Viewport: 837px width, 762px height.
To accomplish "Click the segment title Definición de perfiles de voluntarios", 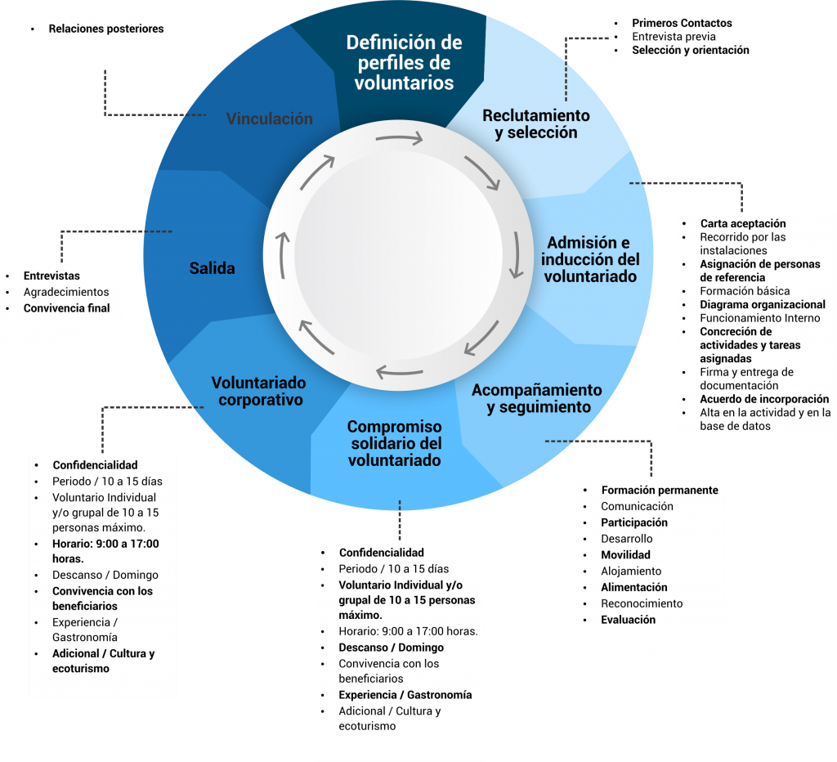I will (x=404, y=62).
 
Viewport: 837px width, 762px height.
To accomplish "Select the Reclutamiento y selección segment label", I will (x=535, y=124).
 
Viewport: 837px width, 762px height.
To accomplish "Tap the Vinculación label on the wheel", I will (x=269, y=119).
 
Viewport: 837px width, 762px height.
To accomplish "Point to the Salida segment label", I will (x=212, y=268).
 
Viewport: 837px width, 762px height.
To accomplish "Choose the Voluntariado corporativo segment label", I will (x=258, y=391).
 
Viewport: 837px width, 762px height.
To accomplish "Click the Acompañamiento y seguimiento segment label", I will (x=536, y=398).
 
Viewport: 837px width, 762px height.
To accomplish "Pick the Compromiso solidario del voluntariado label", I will (x=394, y=443).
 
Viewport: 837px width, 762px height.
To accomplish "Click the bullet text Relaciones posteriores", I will (x=105, y=29).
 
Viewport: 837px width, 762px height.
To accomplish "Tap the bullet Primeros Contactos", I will (x=682, y=23).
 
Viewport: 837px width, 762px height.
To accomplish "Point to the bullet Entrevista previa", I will (x=674, y=37).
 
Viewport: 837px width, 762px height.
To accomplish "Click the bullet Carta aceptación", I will (x=742, y=223).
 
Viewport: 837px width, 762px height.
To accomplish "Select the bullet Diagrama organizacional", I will (x=762, y=304).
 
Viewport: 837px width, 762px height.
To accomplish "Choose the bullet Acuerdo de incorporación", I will (x=763, y=399).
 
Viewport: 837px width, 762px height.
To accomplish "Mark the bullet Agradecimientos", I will (x=65, y=292).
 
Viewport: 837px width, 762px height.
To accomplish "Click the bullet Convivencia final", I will (x=66, y=308).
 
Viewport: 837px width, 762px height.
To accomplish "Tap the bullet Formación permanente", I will (x=659, y=490).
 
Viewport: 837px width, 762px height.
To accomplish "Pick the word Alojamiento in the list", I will (x=631, y=571).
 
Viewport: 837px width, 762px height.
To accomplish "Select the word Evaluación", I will (x=628, y=620).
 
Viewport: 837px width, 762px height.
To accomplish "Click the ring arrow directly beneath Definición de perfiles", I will (x=399, y=139).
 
